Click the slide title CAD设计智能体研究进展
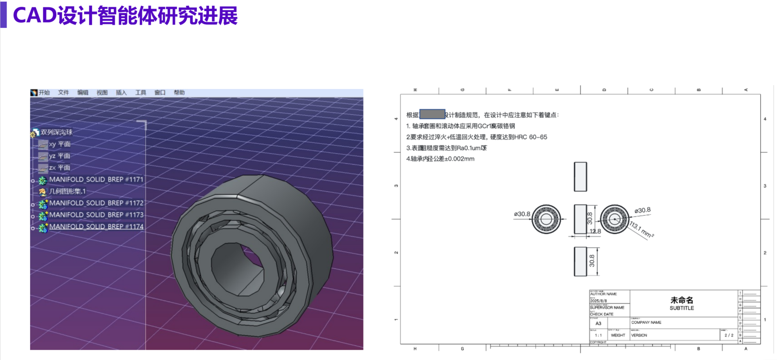pos(125,15)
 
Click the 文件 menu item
pos(63,93)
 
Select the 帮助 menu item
pos(179,93)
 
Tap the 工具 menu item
pos(140,93)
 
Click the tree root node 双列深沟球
pos(56,132)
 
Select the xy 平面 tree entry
pos(59,144)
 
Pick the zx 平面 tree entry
pos(59,168)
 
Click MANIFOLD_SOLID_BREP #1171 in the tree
pos(96,179)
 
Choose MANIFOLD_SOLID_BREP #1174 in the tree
pos(96,227)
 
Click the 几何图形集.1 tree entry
pos(67,191)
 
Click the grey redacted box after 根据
pos(432,114)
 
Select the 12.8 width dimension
pos(595,231)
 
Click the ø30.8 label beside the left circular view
pos(522,214)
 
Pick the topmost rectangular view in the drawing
pos(580,177)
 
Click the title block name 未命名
pos(681,300)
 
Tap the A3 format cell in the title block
pos(598,323)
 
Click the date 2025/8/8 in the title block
pos(598,301)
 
